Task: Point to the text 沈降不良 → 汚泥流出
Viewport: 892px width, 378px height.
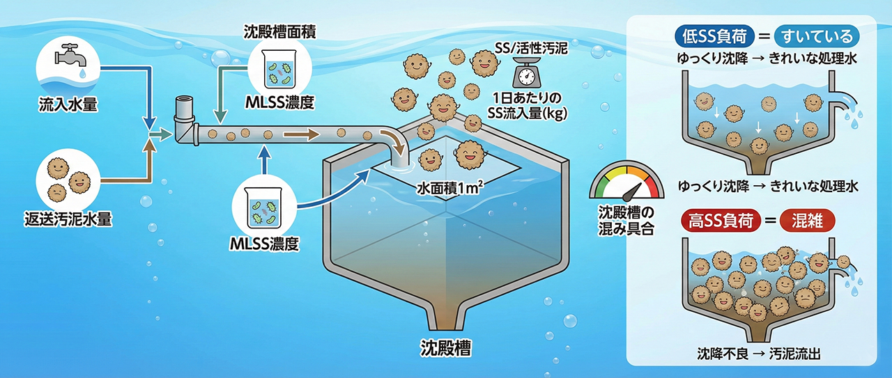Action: click(x=759, y=353)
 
